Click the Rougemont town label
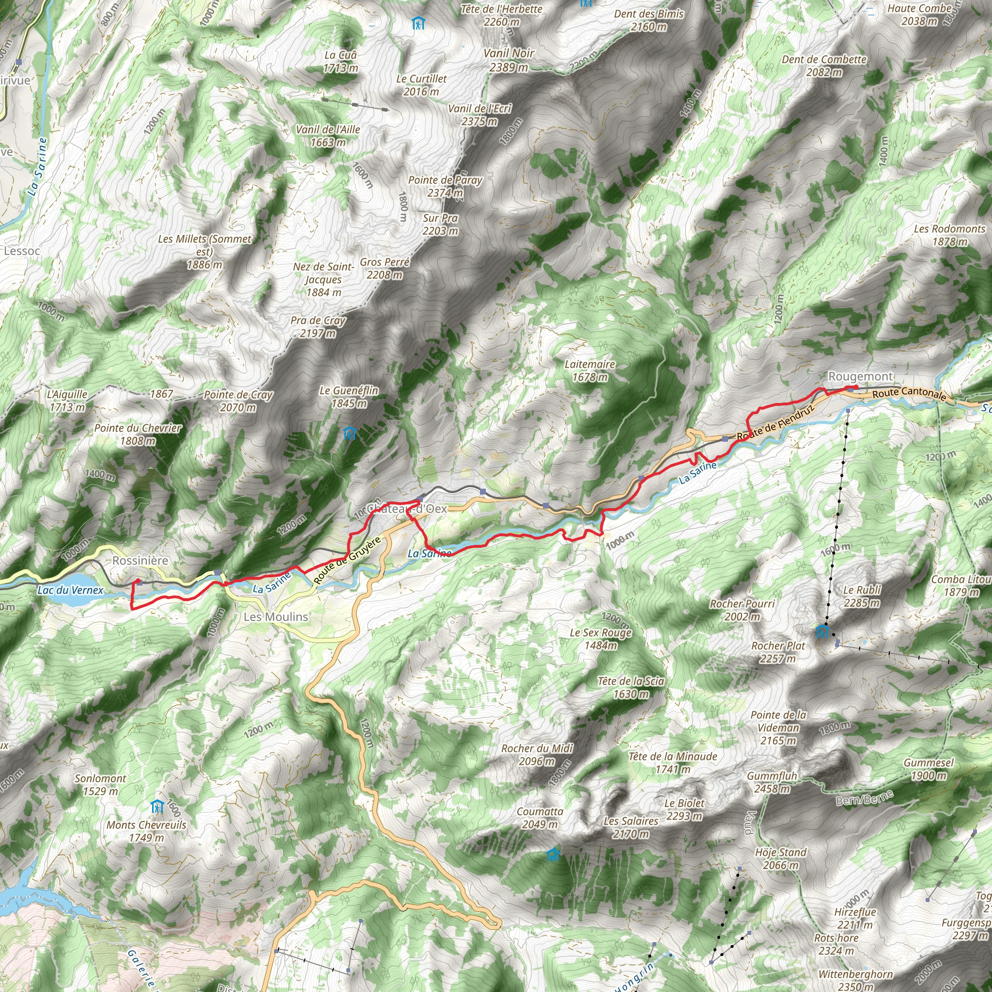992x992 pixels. [860, 376]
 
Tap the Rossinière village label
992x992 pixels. [140, 560]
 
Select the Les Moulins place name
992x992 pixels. [276, 617]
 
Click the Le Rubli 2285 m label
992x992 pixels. [862, 596]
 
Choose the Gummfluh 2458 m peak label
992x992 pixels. [772, 782]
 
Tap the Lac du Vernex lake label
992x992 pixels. [70, 590]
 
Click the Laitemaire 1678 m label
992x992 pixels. [589, 370]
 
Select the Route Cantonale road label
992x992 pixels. [909, 393]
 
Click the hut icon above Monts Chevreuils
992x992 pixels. [157, 806]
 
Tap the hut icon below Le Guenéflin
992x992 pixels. [349, 434]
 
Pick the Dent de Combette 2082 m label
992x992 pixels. [823, 66]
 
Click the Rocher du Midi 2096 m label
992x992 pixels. [537, 754]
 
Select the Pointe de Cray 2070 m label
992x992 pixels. [238, 401]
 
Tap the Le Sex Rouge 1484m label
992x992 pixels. [600, 639]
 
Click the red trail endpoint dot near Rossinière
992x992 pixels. [138, 581]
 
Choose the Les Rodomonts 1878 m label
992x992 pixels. [949, 235]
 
